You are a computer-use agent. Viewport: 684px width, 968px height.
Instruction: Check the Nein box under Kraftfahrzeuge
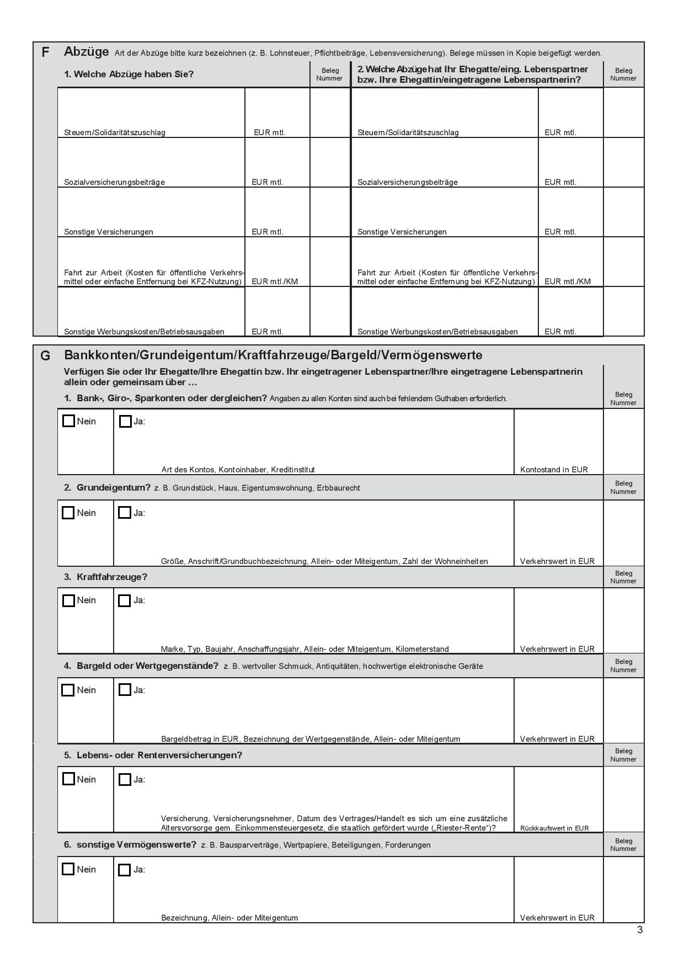pos(68,600)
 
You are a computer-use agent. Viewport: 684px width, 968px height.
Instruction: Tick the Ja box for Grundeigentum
pos(125,513)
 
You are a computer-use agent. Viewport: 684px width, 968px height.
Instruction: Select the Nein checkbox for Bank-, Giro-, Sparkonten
pos(68,421)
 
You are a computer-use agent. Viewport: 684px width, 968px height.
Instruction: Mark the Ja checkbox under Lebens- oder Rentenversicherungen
pos(125,779)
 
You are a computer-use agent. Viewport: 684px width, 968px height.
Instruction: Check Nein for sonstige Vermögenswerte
pos(68,869)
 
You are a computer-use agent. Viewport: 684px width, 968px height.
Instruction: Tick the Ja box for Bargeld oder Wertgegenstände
pos(125,690)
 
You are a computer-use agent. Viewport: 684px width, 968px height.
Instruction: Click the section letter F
pos(45,52)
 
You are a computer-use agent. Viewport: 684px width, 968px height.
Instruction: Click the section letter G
pos(45,356)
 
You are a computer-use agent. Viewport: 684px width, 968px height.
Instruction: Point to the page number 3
pos(640,930)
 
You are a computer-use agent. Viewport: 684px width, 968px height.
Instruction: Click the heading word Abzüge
pos(87,52)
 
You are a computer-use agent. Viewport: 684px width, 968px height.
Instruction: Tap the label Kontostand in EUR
pos(554,470)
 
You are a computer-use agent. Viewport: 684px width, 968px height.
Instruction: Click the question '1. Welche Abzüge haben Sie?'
pos(129,74)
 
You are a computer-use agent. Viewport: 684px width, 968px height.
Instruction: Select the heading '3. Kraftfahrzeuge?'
pos(105,577)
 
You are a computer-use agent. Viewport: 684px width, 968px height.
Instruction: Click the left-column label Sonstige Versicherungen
pos(109,232)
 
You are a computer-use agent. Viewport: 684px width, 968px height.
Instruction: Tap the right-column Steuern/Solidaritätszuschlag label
pos(408,132)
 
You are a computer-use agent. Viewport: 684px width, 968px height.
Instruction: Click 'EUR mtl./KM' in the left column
pos(275,281)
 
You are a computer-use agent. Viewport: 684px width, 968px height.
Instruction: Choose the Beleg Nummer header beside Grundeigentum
pos(623,487)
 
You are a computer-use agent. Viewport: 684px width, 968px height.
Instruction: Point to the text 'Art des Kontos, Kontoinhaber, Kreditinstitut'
pos(238,470)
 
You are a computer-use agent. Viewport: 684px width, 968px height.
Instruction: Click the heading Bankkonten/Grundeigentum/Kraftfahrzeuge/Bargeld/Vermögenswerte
pos(273,355)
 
